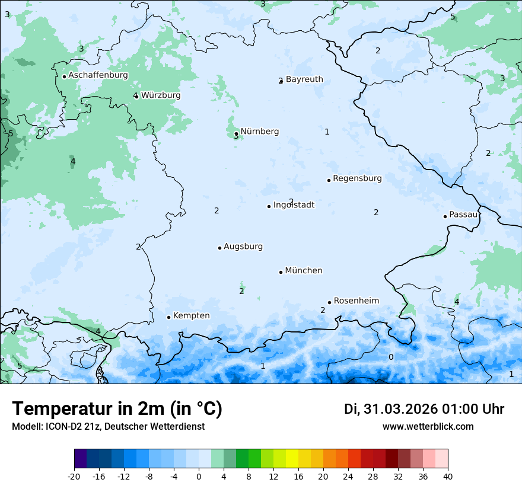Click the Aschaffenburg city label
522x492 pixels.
tap(98, 75)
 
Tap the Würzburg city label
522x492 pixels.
tap(161, 95)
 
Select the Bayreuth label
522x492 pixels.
tap(304, 79)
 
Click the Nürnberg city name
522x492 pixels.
tap(259, 132)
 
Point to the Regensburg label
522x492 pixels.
tap(357, 178)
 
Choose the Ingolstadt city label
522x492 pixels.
tap(294, 205)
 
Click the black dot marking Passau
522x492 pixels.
tap(445, 216)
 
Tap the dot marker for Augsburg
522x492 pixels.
tap(219, 248)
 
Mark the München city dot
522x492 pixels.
tap(281, 272)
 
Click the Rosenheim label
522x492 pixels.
tap(356, 301)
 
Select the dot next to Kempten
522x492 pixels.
tap(168, 317)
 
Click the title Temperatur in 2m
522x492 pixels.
tap(117, 409)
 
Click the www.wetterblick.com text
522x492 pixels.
tap(428, 426)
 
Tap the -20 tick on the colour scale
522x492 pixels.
tap(74, 476)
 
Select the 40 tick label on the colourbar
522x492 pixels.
tap(447, 476)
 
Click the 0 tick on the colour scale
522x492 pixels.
tap(199, 476)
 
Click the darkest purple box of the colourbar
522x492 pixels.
tap(80, 459)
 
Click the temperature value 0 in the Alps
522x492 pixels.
tap(390, 357)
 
